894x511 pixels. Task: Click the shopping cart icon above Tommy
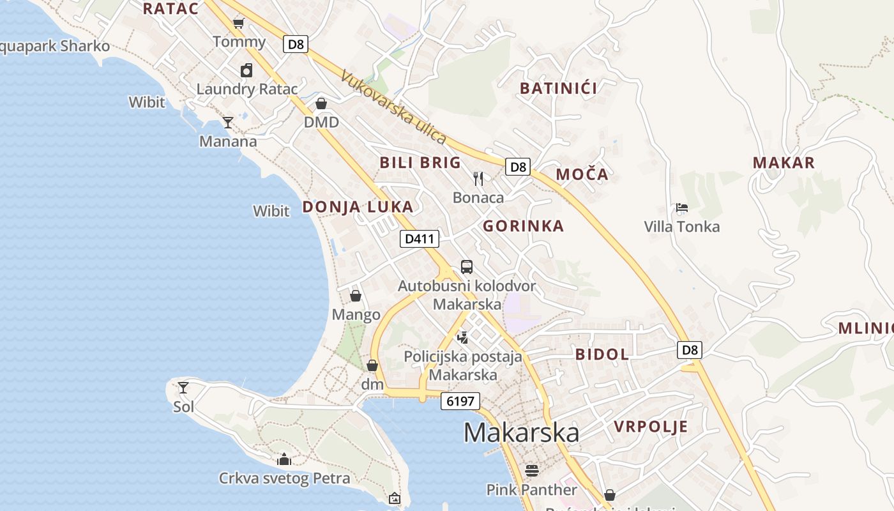(x=239, y=24)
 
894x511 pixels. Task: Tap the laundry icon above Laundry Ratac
(x=246, y=70)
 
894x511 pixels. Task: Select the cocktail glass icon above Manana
(x=228, y=122)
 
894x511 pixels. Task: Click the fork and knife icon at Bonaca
(x=478, y=178)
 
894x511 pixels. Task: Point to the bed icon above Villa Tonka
(x=682, y=208)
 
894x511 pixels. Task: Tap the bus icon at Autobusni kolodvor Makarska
(x=467, y=267)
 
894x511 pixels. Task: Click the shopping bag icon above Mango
(x=356, y=296)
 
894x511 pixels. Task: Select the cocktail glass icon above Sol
(x=183, y=387)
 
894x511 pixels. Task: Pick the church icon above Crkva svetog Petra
(x=284, y=459)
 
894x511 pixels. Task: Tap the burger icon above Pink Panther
(x=532, y=471)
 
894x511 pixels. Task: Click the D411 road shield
(x=420, y=239)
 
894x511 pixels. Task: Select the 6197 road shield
(x=460, y=401)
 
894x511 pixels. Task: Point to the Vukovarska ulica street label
(x=393, y=106)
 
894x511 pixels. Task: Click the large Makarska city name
(x=521, y=432)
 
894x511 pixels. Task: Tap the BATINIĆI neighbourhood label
(x=559, y=88)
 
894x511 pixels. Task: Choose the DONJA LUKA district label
(x=358, y=207)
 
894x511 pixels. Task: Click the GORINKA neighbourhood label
(x=523, y=225)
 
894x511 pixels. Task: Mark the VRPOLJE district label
(x=651, y=427)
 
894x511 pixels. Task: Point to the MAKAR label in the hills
(x=784, y=162)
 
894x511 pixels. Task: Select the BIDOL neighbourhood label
(x=602, y=354)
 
